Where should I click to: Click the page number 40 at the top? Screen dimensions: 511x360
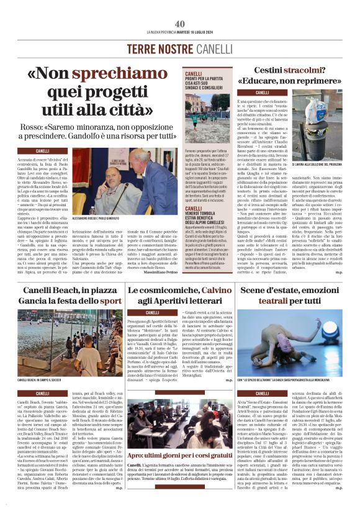pyautogui.click(x=180, y=24)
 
